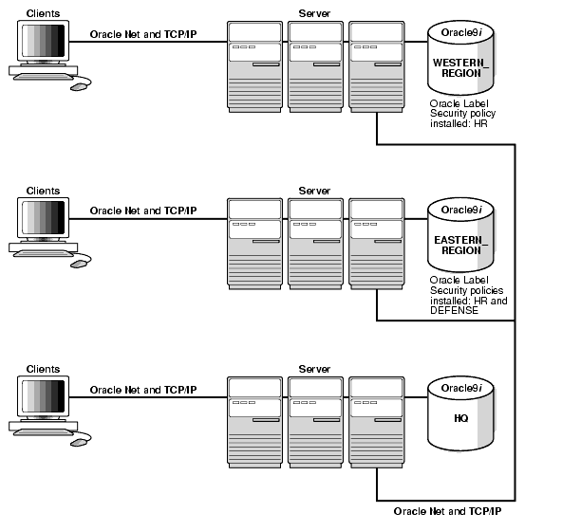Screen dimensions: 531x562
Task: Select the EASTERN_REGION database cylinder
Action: pyautogui.click(x=460, y=237)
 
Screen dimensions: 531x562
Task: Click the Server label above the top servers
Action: pyautogui.click(x=314, y=12)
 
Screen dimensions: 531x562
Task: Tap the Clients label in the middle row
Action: pyautogui.click(x=43, y=191)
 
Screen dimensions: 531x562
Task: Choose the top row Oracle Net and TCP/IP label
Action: pyautogui.click(x=143, y=33)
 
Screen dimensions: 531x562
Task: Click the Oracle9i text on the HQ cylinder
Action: pyautogui.click(x=461, y=388)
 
